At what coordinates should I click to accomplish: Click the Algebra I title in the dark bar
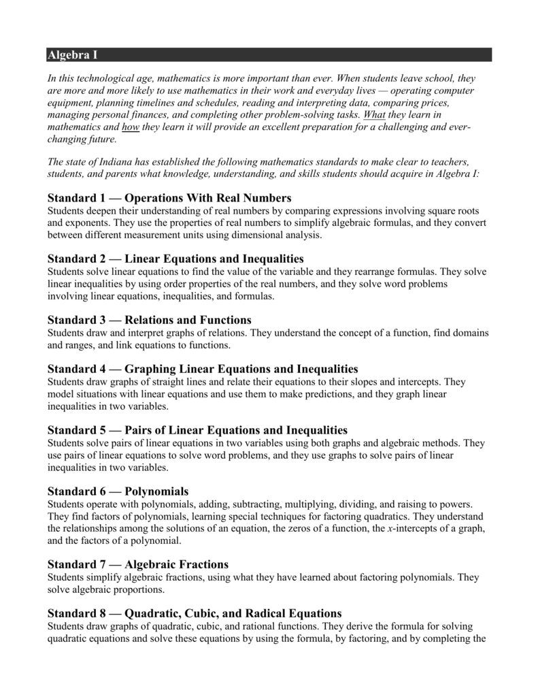(x=73, y=54)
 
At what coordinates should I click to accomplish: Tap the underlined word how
(x=131, y=127)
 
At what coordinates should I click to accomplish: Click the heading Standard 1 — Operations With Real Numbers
(x=169, y=198)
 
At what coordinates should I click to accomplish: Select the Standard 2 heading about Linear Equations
(x=175, y=259)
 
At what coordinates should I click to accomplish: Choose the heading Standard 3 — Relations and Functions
(x=150, y=320)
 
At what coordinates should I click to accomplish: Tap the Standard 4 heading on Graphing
(x=203, y=369)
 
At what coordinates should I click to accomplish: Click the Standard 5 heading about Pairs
(x=197, y=430)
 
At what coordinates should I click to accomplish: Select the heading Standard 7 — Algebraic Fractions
(x=138, y=564)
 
